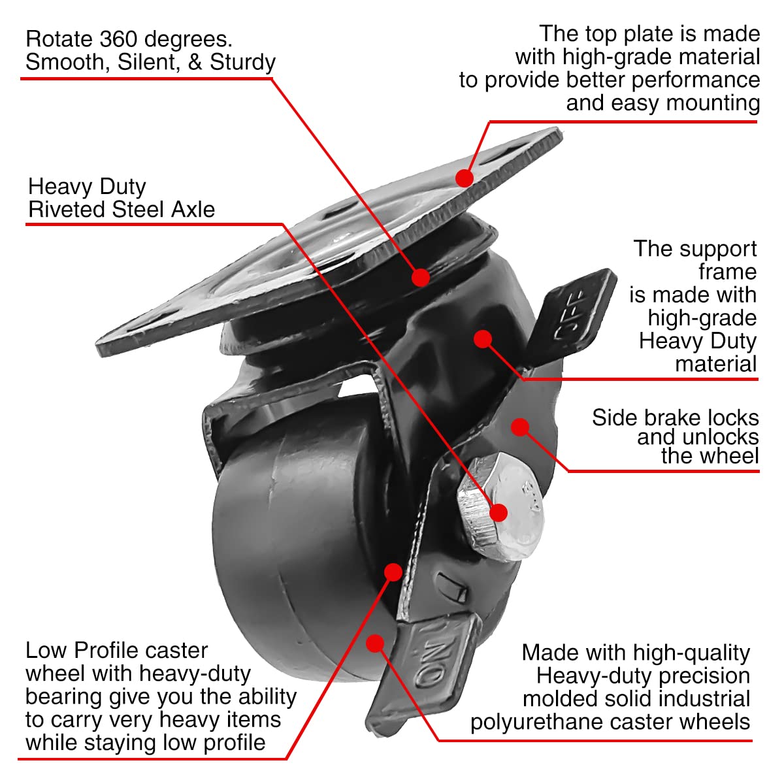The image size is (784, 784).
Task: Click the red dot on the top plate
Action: coord(465,178)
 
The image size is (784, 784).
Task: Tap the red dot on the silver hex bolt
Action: coord(498,512)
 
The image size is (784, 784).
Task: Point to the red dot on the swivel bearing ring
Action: coord(421,277)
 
